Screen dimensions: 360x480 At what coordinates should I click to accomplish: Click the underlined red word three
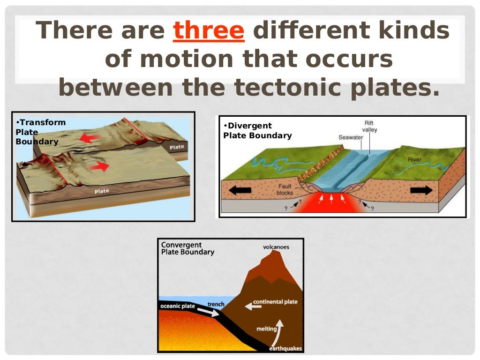(x=209, y=31)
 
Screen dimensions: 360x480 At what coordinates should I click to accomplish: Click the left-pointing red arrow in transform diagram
(x=90, y=138)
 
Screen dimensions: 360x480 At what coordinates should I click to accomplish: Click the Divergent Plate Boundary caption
(x=257, y=131)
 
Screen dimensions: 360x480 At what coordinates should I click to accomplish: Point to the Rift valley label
(x=369, y=126)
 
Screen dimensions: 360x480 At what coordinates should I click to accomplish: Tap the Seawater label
(x=351, y=137)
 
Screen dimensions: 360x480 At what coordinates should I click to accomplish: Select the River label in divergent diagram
(x=414, y=160)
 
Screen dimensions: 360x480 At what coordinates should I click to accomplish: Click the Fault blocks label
(x=285, y=189)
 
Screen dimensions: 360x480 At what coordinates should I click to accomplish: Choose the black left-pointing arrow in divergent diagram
(x=237, y=191)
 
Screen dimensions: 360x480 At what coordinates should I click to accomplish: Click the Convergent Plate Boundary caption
(x=187, y=248)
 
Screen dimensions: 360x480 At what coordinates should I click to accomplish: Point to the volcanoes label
(x=276, y=247)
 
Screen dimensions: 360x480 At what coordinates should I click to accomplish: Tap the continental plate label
(x=275, y=302)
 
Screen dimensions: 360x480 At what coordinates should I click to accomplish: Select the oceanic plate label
(x=178, y=307)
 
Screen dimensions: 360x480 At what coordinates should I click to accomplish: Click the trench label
(x=216, y=304)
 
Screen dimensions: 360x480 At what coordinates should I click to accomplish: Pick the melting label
(x=266, y=329)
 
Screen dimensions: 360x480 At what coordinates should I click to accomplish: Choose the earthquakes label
(x=285, y=348)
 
